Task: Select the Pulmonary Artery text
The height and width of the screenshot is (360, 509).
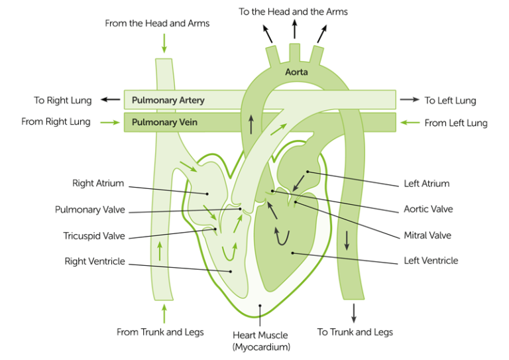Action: [168, 101]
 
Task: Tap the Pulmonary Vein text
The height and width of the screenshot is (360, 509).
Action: [164, 122]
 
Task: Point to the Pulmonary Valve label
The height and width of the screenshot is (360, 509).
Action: [90, 210]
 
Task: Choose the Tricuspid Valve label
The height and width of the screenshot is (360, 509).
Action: [94, 236]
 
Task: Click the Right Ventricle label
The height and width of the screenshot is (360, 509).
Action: [95, 261]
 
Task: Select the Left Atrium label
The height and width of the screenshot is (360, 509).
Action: [426, 184]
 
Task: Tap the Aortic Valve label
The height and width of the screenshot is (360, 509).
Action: [428, 209]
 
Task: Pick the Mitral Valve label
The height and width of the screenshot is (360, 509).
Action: [427, 235]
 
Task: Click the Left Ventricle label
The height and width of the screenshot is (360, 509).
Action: [431, 261]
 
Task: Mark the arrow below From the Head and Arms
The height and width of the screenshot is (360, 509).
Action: [164, 44]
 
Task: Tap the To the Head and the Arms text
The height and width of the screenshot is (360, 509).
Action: [294, 12]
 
